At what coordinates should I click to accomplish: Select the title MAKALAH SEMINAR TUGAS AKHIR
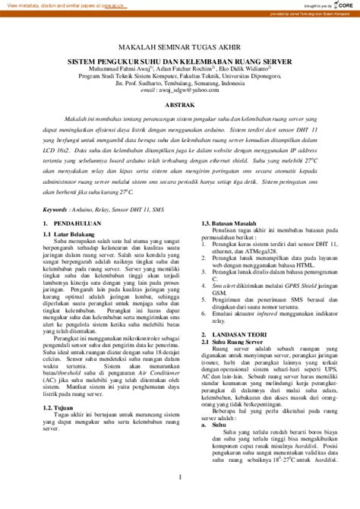point(180,45)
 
